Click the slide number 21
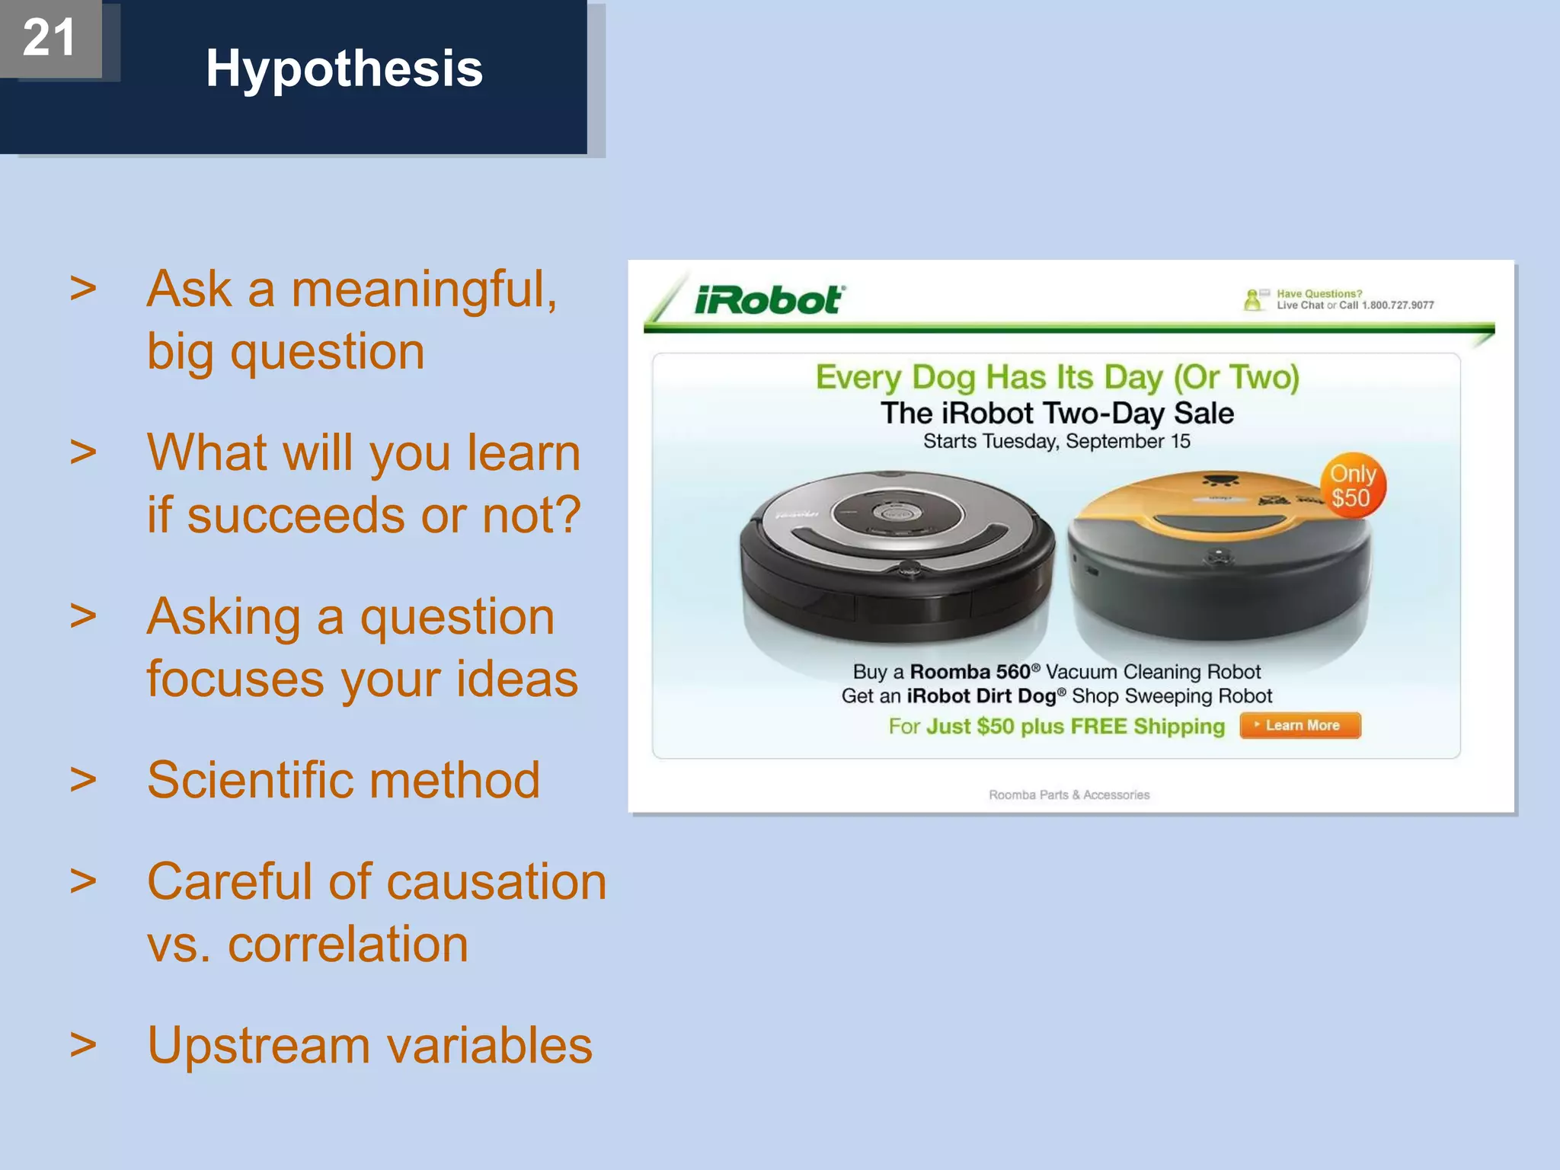(49, 37)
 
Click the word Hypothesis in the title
(344, 69)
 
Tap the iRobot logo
(768, 300)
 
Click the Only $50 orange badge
(1352, 486)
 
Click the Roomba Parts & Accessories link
(1069, 794)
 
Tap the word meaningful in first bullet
(424, 289)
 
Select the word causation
(496, 882)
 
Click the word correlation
(347, 945)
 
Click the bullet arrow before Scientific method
(83, 780)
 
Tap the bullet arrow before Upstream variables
(83, 1045)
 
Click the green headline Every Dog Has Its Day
(1057, 377)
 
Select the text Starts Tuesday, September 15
(1057, 441)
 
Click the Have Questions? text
(1319, 293)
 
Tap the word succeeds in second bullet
(296, 515)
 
